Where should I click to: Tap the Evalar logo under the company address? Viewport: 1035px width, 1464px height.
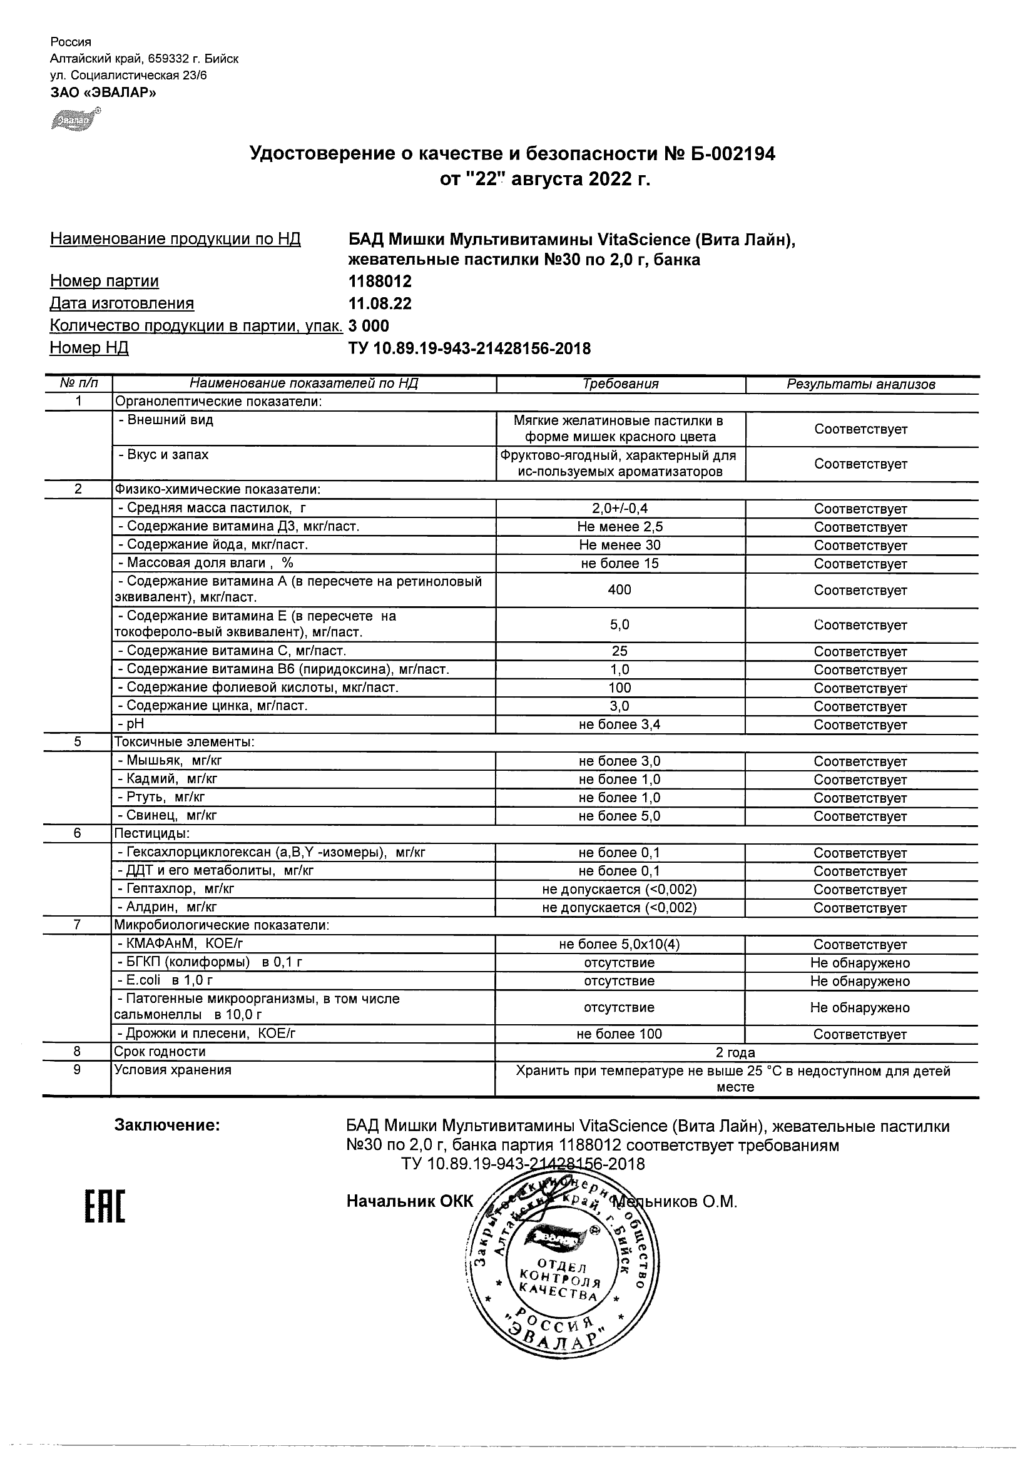click(x=76, y=119)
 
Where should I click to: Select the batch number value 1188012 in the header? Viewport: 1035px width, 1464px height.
click(x=380, y=281)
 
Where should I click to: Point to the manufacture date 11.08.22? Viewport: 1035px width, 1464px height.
click(x=380, y=303)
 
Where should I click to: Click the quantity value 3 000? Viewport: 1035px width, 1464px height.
click(x=369, y=326)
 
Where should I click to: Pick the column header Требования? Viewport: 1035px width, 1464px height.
click(x=620, y=384)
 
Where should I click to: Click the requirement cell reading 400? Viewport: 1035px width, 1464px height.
click(x=619, y=590)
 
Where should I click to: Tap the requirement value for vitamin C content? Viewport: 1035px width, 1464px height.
click(x=619, y=651)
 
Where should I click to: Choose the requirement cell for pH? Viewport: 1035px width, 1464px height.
click(x=619, y=724)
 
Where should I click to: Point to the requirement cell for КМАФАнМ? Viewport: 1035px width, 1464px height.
click(x=619, y=944)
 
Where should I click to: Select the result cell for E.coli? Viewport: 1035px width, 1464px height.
click(x=860, y=981)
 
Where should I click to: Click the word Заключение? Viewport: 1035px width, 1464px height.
click(x=167, y=1126)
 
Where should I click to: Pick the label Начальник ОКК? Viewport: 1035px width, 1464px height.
click(x=410, y=1201)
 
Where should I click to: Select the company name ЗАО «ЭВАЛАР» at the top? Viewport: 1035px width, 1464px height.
click(x=103, y=93)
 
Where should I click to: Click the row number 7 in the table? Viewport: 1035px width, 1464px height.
click(x=78, y=925)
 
